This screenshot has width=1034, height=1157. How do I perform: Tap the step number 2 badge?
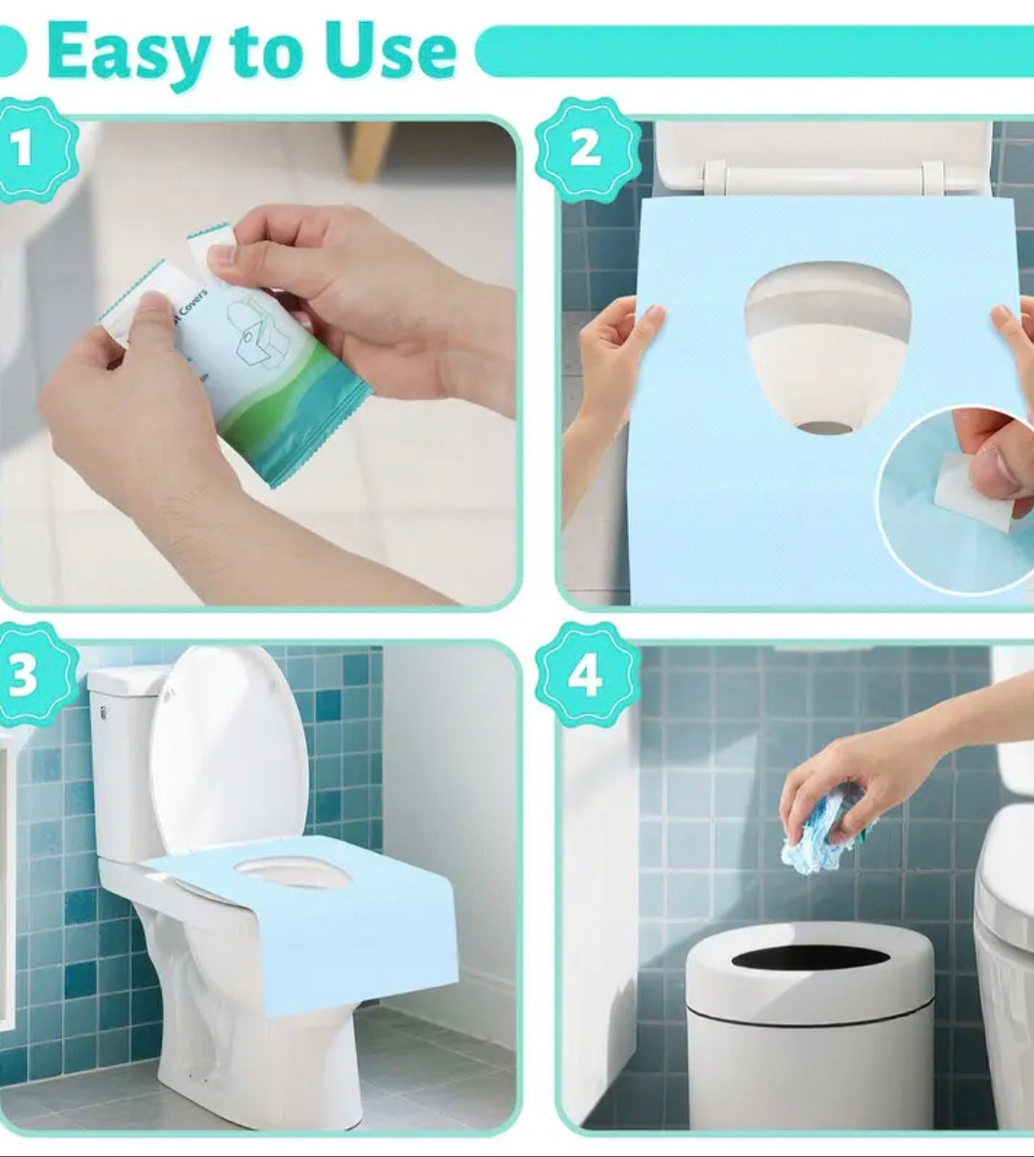(586, 150)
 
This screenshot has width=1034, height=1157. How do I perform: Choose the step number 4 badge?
(586, 675)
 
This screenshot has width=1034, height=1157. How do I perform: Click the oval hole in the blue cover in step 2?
(826, 345)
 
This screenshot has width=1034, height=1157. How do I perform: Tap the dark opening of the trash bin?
(810, 957)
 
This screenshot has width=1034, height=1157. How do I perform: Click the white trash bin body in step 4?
(810, 1062)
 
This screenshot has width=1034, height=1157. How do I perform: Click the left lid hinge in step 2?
(714, 177)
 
